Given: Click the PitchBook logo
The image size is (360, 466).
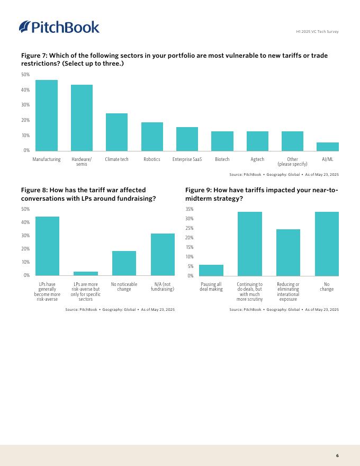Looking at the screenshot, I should (59, 26).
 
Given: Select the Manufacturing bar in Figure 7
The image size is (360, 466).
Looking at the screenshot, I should (47, 115).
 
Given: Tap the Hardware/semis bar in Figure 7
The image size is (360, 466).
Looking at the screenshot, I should (82, 118).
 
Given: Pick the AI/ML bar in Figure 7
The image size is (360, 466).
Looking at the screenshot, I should (328, 147).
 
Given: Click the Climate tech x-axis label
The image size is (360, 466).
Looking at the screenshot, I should (116, 159).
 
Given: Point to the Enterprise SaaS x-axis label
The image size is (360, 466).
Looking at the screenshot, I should (187, 159).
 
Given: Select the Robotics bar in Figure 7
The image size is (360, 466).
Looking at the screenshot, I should (152, 137).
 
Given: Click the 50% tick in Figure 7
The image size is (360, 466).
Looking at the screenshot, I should (25, 75).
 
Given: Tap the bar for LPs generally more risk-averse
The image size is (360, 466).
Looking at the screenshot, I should (47, 246).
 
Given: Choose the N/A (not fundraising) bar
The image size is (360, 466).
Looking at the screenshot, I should (163, 254).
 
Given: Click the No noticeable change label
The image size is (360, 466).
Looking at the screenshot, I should (124, 287).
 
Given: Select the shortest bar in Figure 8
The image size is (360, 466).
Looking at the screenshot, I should (86, 273).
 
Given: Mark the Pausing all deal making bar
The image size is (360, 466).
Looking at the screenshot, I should (211, 270).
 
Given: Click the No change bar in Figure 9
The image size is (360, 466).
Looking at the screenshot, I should (327, 244).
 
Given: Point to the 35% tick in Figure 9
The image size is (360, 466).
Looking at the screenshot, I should (190, 209).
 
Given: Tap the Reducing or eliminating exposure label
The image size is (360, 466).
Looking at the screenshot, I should (288, 292).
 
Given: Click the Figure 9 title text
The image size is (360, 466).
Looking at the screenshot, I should (262, 194).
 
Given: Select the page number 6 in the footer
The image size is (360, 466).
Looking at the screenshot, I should (337, 455).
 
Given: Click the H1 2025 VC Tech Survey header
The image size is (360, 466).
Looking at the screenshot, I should (317, 31).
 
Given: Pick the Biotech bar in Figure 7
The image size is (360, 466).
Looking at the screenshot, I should (222, 141).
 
